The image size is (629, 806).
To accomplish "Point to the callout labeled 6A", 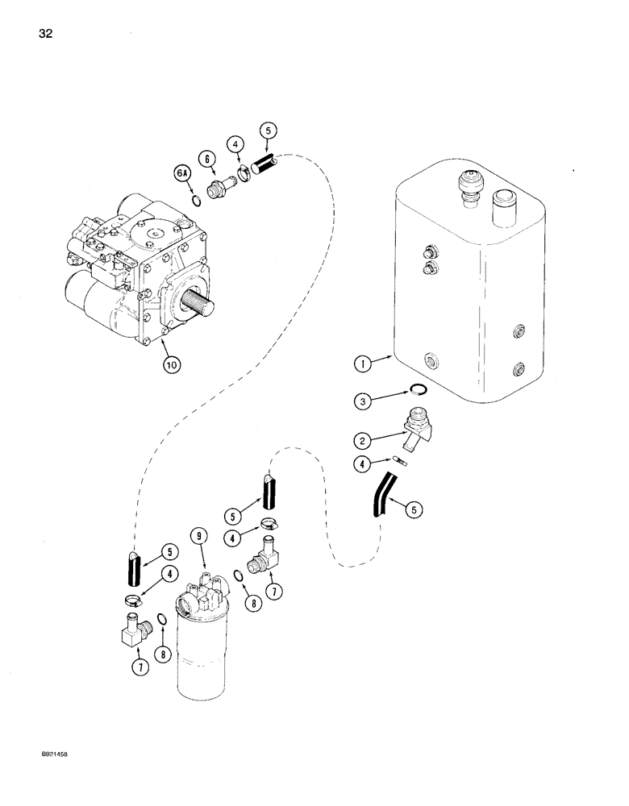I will click(179, 172).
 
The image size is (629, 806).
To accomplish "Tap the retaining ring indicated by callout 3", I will click(416, 391).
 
